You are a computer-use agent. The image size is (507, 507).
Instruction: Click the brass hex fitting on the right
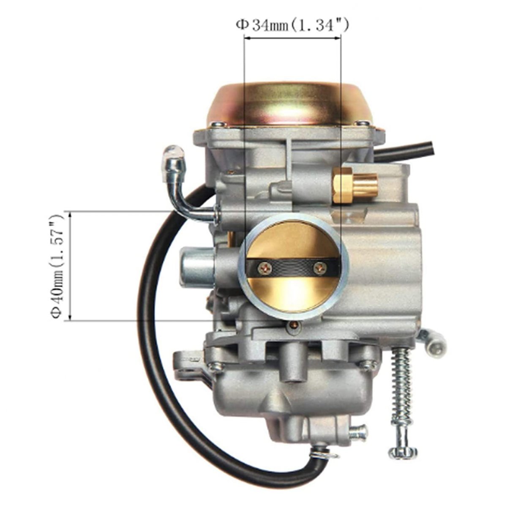(355, 185)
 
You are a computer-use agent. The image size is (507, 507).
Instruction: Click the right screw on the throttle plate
(320, 268)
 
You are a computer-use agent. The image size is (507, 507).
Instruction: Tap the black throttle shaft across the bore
(294, 268)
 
